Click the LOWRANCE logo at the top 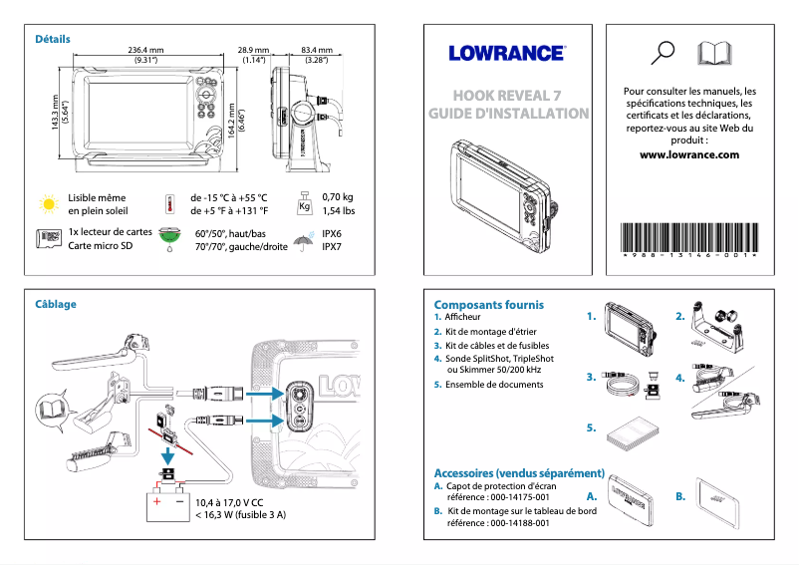506,53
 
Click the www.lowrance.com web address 689,155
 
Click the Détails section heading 53,39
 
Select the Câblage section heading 56,304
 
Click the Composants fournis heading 489,304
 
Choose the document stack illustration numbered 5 634,431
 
